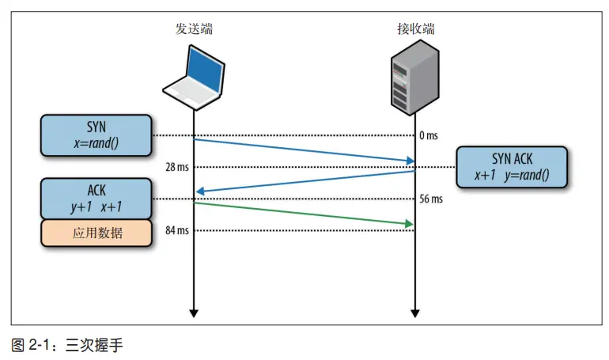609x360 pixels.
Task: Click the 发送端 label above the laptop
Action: [194, 30]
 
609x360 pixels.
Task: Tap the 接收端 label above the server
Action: [415, 30]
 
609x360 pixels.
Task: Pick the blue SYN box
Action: [96, 135]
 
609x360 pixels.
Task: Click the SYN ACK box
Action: [512, 167]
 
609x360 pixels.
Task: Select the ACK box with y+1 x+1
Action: [96, 199]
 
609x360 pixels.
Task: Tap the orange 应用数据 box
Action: [96, 233]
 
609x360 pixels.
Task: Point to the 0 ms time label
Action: [429, 135]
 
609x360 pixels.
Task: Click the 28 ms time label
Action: [177, 167]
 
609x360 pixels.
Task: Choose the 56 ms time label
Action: [431, 199]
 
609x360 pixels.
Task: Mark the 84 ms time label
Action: [177, 230]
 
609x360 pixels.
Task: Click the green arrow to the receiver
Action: [304, 214]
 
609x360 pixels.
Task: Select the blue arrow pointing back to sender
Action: [304, 181]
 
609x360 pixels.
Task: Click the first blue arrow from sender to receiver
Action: [304, 151]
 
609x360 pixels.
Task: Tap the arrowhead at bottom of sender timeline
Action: [194, 314]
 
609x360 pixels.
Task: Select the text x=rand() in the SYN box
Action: [96, 142]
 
